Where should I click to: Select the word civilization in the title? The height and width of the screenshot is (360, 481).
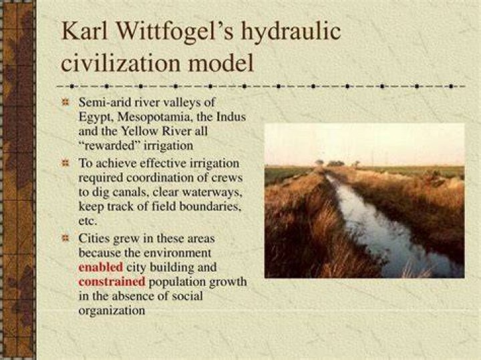(120, 63)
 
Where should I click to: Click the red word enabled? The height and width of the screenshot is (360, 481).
(101, 267)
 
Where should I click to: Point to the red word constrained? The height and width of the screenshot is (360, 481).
(112, 281)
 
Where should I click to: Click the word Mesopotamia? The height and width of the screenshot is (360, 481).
(155, 117)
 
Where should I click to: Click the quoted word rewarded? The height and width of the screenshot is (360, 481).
(110, 146)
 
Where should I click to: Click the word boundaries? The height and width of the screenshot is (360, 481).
(210, 206)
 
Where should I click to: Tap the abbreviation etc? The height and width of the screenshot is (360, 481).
(88, 221)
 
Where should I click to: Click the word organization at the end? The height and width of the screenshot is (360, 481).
(112, 311)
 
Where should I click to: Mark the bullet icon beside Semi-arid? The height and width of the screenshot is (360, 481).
(65, 102)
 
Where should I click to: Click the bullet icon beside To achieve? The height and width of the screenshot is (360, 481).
(65, 163)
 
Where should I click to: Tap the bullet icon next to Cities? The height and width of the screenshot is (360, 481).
(65, 238)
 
